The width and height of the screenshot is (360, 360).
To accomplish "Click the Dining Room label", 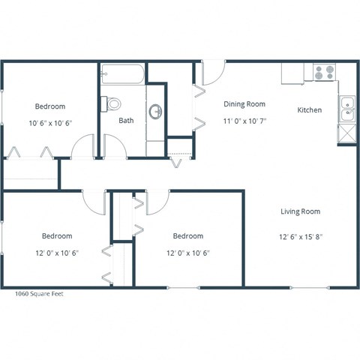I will [x=244, y=104].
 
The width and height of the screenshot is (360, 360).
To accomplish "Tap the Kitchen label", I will [x=310, y=110].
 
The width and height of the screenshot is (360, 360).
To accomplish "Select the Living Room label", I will [x=300, y=211].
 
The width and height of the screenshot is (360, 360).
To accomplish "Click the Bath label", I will [x=126, y=120].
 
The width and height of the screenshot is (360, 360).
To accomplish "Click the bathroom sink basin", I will [x=156, y=112].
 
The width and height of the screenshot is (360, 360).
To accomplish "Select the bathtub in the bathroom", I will [x=123, y=75].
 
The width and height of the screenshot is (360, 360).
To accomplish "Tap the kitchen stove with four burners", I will [x=324, y=73].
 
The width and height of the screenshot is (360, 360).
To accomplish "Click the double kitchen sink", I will [x=346, y=109].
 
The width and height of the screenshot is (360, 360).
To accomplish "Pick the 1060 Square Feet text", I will [x=40, y=294].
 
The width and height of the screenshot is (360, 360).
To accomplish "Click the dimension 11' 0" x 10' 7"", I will [x=244, y=121].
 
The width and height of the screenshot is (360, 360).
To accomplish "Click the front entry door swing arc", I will [x=211, y=72].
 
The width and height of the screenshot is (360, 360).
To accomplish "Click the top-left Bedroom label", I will [x=50, y=106].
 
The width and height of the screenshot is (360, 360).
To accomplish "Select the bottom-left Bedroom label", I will [x=57, y=234].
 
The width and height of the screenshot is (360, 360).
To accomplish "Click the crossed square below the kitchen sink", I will [x=346, y=133].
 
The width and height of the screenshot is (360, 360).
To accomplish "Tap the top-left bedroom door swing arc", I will [x=82, y=145].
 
